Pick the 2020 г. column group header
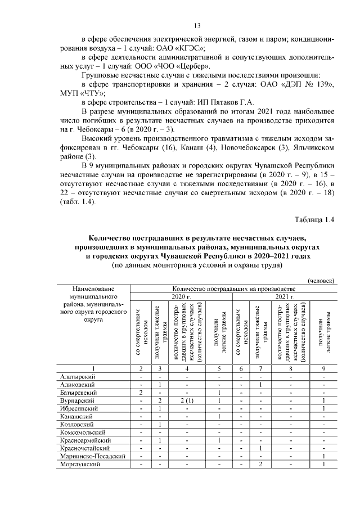[x=182, y=296]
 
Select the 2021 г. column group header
[x=285, y=296]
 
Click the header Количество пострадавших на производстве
[x=233, y=288]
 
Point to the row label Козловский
[x=78, y=424]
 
